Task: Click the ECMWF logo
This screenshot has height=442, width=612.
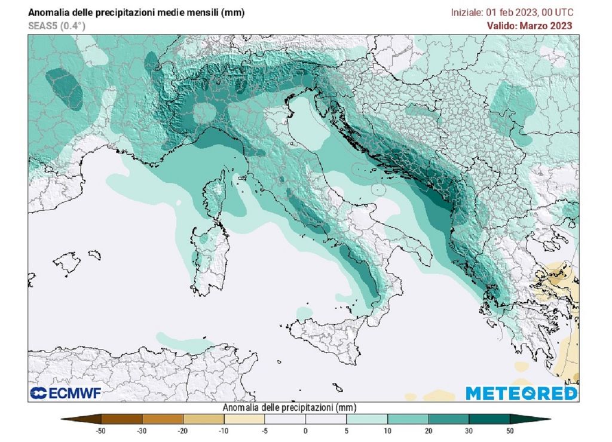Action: (x=66, y=393)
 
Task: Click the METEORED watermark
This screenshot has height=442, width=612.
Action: (x=521, y=393)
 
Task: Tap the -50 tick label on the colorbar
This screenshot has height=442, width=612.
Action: (x=102, y=429)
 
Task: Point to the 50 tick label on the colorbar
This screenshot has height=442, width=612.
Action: (x=510, y=429)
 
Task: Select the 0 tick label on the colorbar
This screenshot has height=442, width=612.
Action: (x=305, y=429)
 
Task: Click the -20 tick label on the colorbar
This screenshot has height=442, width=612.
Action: (x=183, y=429)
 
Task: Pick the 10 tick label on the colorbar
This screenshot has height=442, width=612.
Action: (x=387, y=429)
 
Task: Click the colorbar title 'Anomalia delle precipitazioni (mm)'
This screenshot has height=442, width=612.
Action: (x=289, y=407)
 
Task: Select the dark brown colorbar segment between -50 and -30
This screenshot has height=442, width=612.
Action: (x=122, y=418)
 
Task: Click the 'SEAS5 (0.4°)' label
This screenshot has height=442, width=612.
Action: (x=56, y=26)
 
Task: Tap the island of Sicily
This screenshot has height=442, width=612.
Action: (x=326, y=340)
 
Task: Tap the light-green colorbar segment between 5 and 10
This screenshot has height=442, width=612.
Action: (x=367, y=418)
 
